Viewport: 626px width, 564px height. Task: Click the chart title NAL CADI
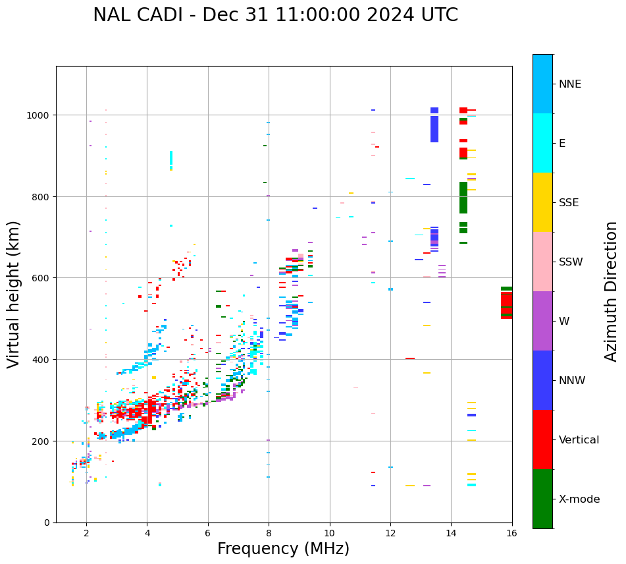point(275,15)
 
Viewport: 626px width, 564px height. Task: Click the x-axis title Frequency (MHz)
point(283,549)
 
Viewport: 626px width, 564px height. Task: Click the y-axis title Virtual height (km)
point(14,294)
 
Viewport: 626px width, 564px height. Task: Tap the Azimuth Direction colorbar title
point(612,291)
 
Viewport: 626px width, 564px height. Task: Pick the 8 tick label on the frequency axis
point(269,533)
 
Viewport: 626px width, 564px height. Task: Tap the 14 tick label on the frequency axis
point(451,533)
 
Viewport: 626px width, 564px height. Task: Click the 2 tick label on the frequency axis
point(86,533)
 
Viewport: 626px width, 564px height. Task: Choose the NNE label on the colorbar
point(570,84)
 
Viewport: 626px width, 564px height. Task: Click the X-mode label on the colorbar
point(579,499)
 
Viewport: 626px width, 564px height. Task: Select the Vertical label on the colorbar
point(579,440)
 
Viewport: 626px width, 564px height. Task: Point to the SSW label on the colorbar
point(571,262)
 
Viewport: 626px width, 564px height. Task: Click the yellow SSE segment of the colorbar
point(542,202)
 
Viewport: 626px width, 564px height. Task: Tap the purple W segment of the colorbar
point(542,321)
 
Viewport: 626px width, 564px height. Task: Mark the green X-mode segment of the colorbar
point(542,499)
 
